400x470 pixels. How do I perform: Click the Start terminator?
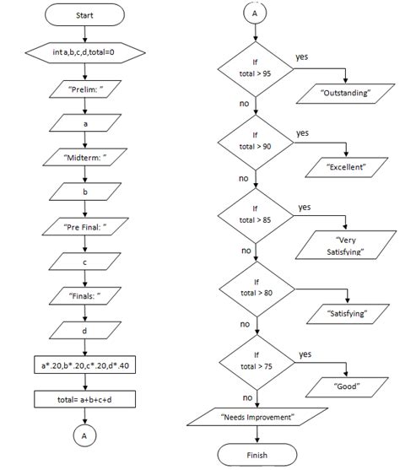click(x=84, y=16)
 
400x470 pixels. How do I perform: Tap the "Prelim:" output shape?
click(x=84, y=89)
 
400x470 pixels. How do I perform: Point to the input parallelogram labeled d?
click(x=84, y=332)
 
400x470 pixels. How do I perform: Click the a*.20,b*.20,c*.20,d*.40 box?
click(x=84, y=367)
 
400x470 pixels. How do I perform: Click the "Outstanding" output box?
click(x=346, y=93)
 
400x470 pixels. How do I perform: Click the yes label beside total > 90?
click(x=302, y=132)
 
